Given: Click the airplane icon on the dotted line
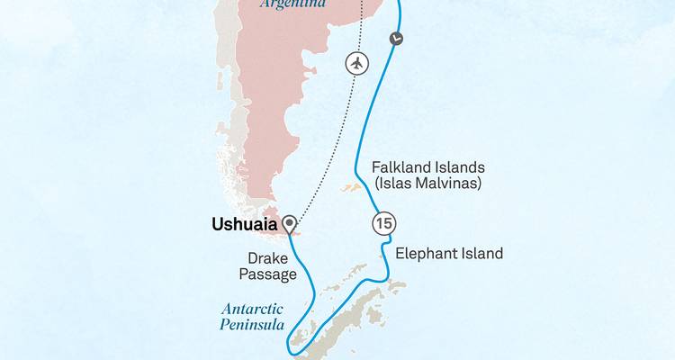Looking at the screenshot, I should pos(358,64).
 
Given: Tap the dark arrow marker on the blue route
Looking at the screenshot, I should pos(397,38).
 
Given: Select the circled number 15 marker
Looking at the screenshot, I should pos(382,223).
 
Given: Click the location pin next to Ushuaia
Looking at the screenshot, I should pos(289,224).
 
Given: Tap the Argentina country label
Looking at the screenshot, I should pos(293,4).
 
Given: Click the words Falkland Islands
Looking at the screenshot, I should pos(427,167).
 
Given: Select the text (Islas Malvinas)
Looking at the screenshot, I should pos(427,185).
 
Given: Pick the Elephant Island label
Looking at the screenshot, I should pos(449,254).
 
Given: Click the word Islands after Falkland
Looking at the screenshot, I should pos(459,167).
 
